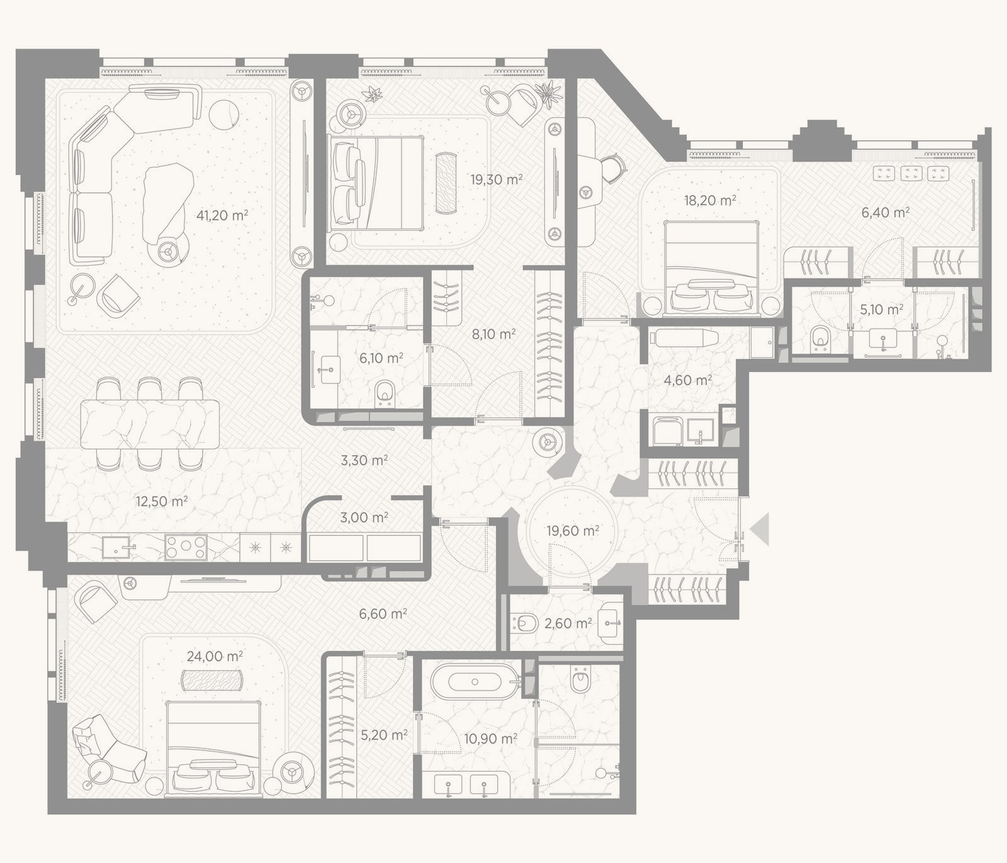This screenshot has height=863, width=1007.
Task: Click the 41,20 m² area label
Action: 222,215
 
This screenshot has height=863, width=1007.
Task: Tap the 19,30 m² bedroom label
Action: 497,179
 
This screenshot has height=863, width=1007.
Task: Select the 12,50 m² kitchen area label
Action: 162,502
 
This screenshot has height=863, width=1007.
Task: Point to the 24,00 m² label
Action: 215,657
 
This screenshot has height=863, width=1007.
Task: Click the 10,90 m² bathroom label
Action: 491,738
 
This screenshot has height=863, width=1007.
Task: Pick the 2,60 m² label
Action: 568,623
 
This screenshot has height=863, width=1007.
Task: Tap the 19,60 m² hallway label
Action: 573,531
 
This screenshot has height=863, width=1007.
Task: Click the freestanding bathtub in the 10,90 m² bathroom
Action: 475,682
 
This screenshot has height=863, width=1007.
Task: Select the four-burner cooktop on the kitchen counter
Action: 186,547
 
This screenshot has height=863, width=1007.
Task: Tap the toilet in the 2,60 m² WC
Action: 525,624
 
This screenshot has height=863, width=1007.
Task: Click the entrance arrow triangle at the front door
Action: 761,529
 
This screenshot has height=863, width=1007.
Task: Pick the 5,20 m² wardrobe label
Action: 384,735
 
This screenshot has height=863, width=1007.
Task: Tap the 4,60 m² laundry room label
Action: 688,380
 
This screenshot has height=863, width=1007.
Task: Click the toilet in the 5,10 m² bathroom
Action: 820,338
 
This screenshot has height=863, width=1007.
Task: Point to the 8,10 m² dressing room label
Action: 494,334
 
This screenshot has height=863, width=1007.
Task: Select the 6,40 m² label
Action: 886,213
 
